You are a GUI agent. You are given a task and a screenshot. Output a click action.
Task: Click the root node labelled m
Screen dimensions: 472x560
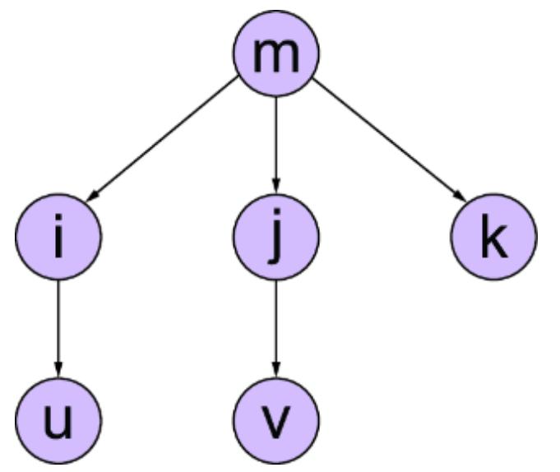[x=275, y=53]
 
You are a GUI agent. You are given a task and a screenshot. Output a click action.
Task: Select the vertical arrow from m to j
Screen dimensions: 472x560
[x=275, y=140]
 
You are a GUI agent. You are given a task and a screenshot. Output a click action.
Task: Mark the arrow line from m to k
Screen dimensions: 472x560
[x=386, y=139]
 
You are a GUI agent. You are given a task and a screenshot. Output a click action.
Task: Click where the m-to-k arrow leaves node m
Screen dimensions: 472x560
[x=312, y=78]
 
